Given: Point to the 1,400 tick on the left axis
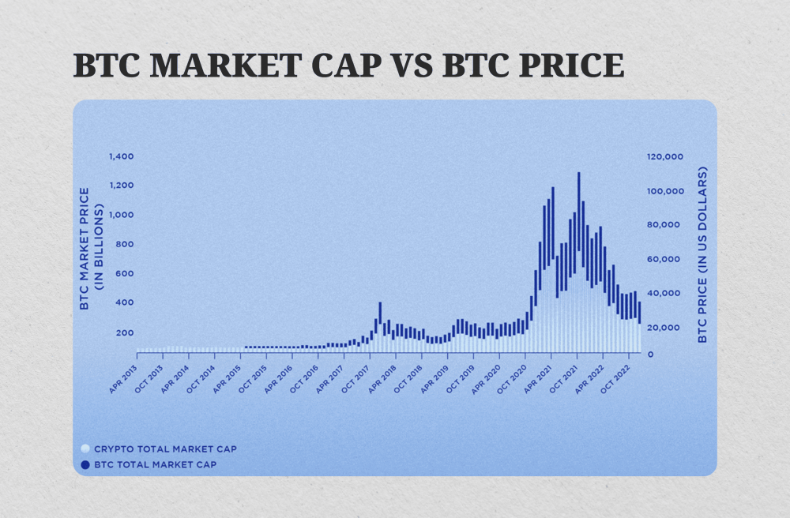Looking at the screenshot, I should (x=121, y=156).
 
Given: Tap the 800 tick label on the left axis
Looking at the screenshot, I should (x=125, y=245).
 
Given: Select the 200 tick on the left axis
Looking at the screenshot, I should (x=125, y=333).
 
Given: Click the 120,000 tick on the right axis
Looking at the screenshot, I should (x=664, y=157).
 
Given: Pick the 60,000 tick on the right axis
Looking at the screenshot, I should (x=666, y=259).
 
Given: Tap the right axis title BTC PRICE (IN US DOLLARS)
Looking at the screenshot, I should (x=702, y=254).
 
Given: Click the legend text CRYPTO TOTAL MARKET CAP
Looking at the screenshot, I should (x=165, y=449).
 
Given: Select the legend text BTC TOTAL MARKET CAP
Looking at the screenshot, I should (x=155, y=465).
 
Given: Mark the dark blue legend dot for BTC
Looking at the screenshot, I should (x=85, y=465).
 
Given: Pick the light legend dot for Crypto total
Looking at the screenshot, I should (x=85, y=449).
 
